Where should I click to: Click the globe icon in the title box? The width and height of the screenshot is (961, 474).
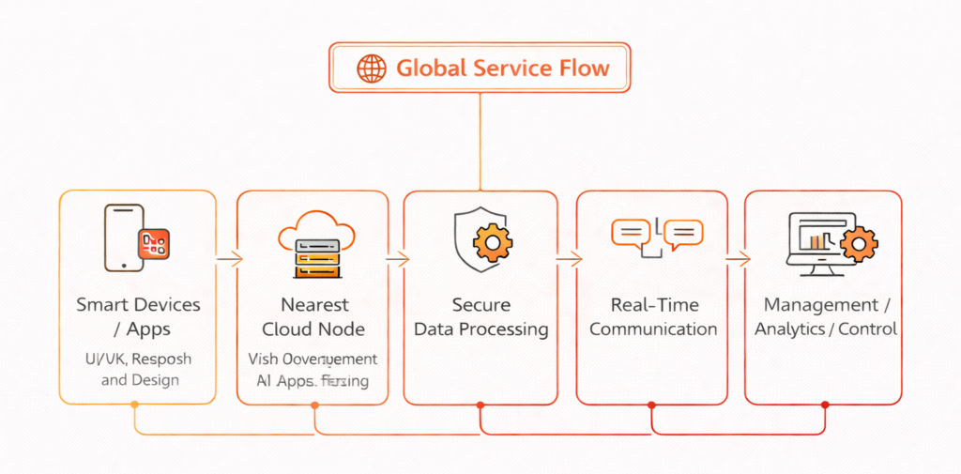tap(372, 68)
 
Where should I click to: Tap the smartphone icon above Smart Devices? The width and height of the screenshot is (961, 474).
tap(125, 237)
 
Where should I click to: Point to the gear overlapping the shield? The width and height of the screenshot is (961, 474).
tap(491, 243)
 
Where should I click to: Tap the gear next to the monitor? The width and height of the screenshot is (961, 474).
tap(857, 246)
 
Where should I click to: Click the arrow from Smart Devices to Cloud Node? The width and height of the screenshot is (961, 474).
tap(228, 258)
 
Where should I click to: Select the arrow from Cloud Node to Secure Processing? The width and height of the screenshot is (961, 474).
tap(397, 258)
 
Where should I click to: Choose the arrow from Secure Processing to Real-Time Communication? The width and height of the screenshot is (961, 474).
tap(568, 258)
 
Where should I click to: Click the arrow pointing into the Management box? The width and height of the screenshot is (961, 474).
tap(738, 258)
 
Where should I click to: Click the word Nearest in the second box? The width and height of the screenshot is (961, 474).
tap(314, 305)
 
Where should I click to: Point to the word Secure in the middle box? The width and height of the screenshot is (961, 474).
tap(481, 305)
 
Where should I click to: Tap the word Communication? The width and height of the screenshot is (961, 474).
tap(653, 329)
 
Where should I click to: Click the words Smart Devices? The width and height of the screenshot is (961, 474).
tap(138, 305)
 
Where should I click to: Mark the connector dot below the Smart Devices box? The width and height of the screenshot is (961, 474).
tap(135, 405)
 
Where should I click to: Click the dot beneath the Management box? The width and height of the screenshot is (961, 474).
tap(825, 405)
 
